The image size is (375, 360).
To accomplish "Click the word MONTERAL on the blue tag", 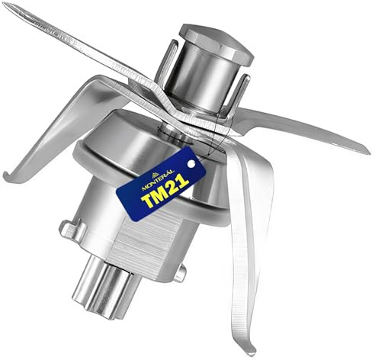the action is click(158, 180).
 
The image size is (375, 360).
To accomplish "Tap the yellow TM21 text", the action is click(165, 191).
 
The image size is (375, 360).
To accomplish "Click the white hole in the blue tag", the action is click(191, 164).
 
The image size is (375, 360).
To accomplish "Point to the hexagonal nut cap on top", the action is click(216, 43).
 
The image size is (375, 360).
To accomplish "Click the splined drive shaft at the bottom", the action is click(104, 288).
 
